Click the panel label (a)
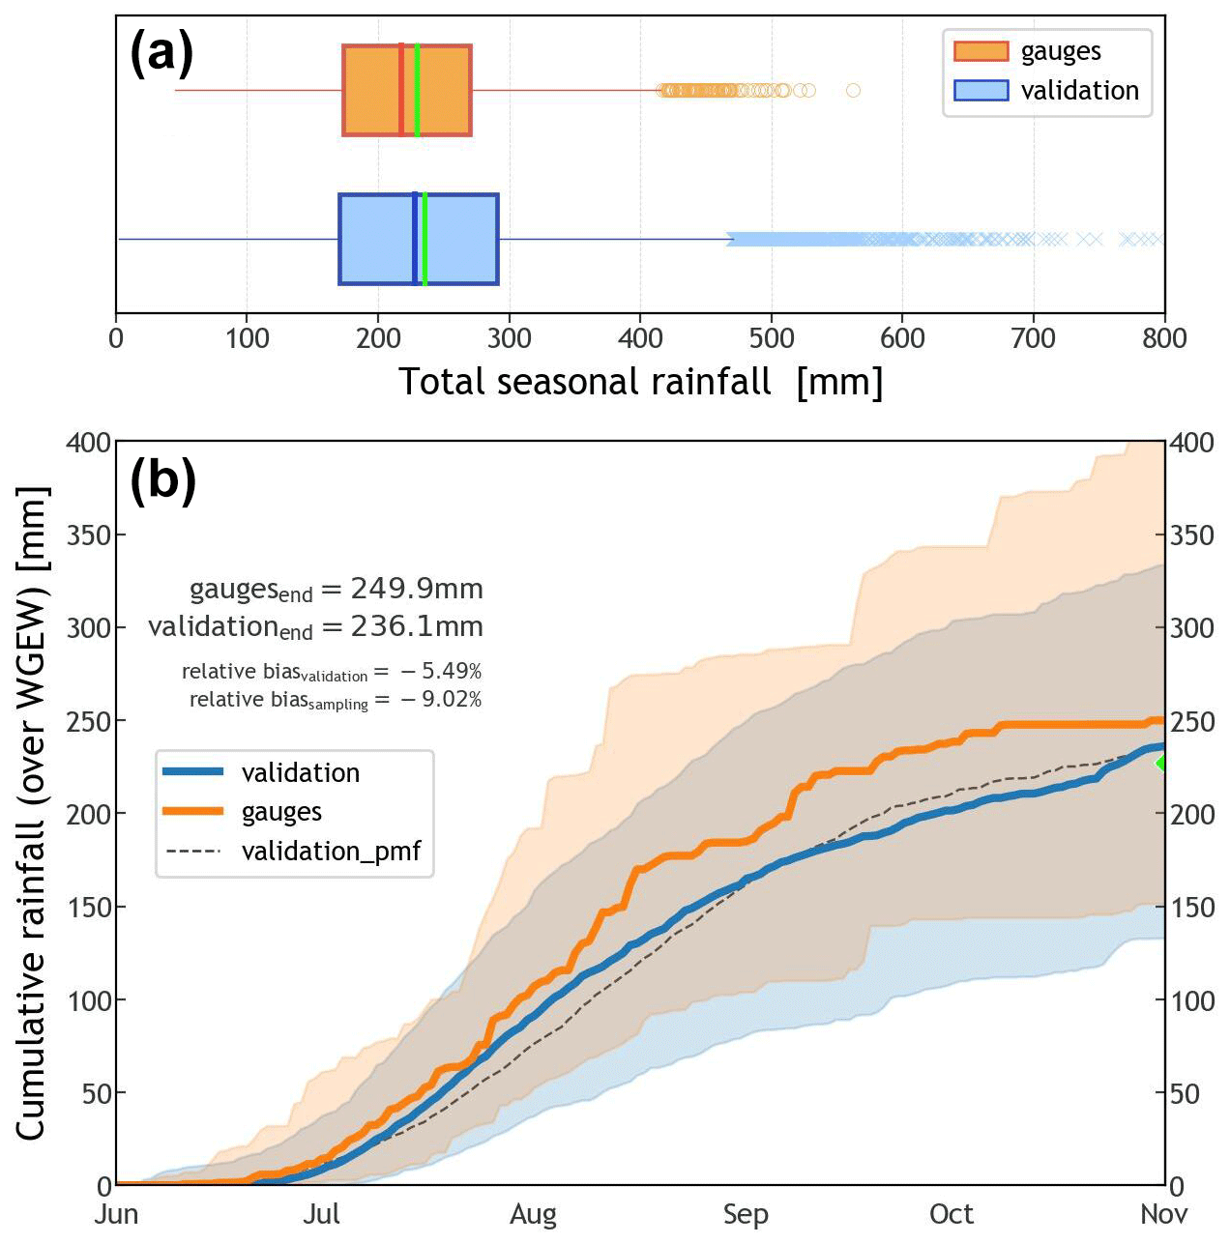[x=161, y=54]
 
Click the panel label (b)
[x=162, y=479]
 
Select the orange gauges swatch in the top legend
[x=981, y=51]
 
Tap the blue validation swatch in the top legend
[x=981, y=90]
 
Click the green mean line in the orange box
[x=417, y=90]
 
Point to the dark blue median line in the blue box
[x=415, y=239]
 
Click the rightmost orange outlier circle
[x=853, y=91]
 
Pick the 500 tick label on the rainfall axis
[x=772, y=338]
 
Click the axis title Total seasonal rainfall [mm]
[x=640, y=382]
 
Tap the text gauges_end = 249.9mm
[x=336, y=590]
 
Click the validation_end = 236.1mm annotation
[x=315, y=627]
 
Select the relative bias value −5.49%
[x=441, y=671]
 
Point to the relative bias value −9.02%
[x=441, y=699]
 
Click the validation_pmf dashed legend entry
[x=294, y=851]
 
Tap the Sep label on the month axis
[x=746, y=1215]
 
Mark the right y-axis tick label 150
[x=1192, y=908]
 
